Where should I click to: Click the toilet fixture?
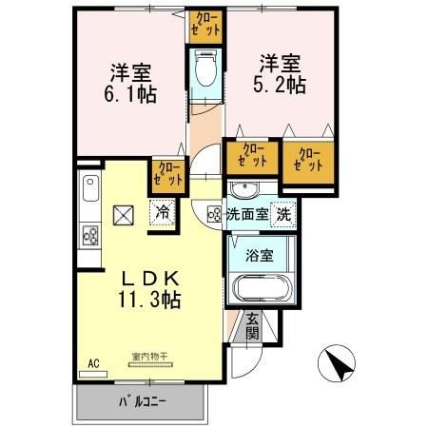(x=204, y=68)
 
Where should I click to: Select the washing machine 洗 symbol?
(x=282, y=215)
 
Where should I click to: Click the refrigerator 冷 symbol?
(x=164, y=213)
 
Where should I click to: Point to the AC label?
(x=93, y=363)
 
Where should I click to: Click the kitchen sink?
(x=90, y=195)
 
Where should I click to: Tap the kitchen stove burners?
(x=91, y=235)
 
